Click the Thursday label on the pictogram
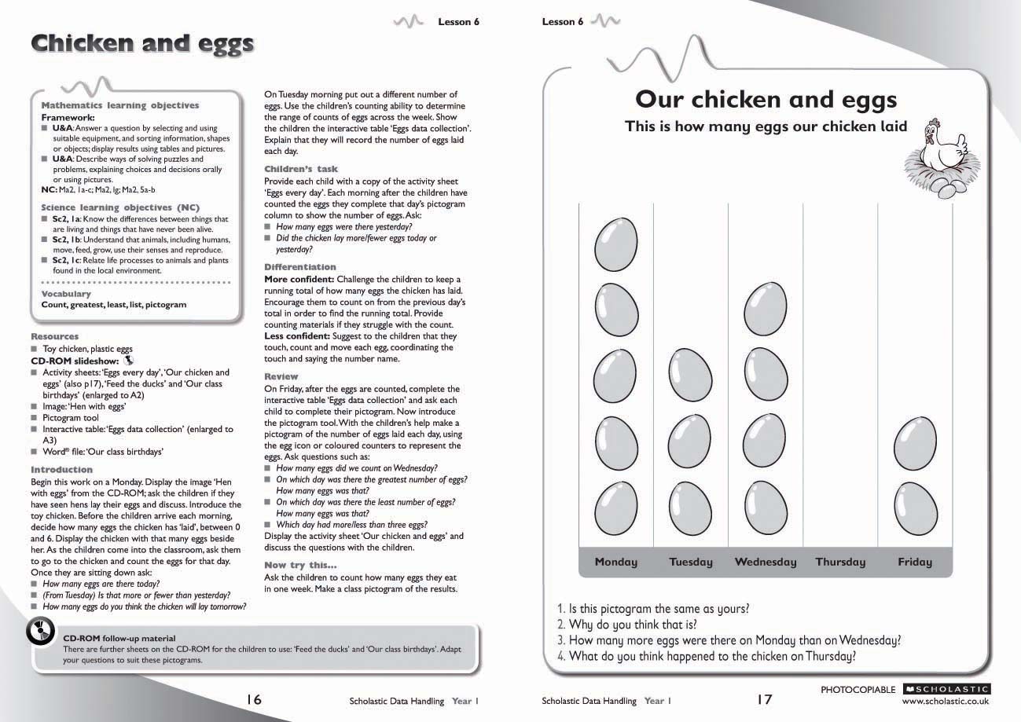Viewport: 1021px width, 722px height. tap(840, 562)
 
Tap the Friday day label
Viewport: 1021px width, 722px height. tap(915, 562)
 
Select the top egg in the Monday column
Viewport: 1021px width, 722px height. tap(615, 244)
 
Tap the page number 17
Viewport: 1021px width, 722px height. tap(765, 699)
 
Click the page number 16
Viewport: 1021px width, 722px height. tap(253, 699)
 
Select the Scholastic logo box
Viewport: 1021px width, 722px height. tap(946, 689)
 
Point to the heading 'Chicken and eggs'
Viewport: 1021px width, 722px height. tap(142, 43)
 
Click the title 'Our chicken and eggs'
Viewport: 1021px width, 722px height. tap(766, 100)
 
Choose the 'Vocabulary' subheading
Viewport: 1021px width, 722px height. tap(66, 294)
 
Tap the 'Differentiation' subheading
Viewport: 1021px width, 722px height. tap(299, 267)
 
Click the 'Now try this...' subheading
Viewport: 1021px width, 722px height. tap(300, 565)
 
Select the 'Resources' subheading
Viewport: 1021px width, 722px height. tap(55, 336)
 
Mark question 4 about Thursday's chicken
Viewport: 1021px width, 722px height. tap(706, 656)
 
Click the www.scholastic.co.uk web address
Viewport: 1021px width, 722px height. tap(946, 701)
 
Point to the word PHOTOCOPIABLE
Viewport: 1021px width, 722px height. tap(858, 690)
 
